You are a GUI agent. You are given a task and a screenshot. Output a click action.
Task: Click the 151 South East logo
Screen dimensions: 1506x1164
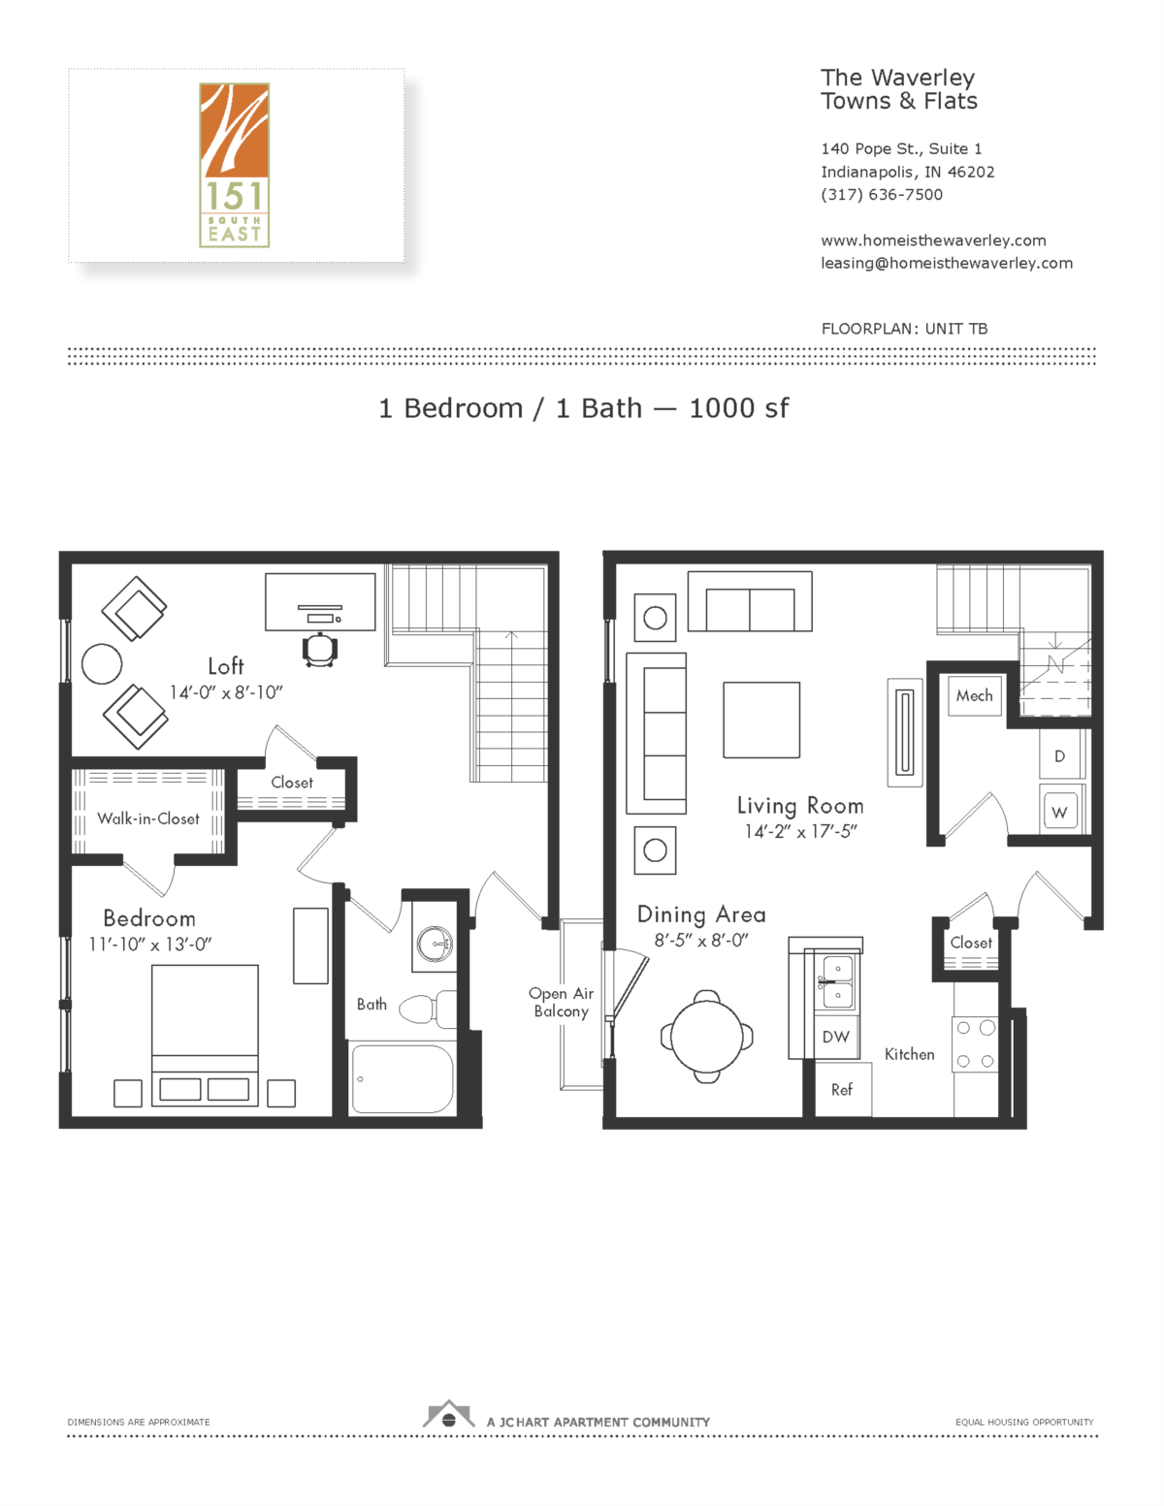tap(234, 165)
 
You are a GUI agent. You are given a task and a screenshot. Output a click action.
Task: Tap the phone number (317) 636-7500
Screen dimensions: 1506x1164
tap(882, 194)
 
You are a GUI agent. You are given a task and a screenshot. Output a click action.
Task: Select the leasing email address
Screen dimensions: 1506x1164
tap(947, 263)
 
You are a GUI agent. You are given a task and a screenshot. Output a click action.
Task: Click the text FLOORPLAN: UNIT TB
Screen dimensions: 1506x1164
tap(904, 329)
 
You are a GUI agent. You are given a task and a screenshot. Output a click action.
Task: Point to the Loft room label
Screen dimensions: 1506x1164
tap(226, 666)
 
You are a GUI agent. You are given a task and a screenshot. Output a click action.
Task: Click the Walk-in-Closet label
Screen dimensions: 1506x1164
tap(148, 818)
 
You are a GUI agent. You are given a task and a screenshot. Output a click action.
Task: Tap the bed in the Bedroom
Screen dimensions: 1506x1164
tap(205, 1034)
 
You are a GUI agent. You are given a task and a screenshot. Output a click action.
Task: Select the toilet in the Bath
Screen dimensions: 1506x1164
tap(427, 1009)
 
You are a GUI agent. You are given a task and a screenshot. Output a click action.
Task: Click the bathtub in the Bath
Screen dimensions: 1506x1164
tap(402, 1078)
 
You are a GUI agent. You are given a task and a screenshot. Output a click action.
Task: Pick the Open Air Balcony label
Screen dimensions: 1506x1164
tap(561, 1002)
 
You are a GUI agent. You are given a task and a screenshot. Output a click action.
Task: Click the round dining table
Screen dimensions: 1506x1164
tap(707, 1036)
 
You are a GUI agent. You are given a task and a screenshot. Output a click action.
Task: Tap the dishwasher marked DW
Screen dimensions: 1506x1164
tap(835, 1037)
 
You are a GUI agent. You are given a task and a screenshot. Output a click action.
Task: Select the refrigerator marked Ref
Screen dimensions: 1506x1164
tap(842, 1089)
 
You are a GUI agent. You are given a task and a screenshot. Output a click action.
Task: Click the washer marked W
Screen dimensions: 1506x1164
tap(1059, 812)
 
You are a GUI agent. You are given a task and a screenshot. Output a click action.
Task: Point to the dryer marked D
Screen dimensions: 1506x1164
tap(1059, 756)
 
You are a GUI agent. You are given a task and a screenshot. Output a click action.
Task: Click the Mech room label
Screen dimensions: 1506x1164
tap(974, 695)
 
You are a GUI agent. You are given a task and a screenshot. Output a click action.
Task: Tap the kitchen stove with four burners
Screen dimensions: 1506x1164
tap(975, 1044)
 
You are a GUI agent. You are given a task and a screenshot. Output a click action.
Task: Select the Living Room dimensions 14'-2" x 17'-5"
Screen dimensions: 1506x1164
tap(800, 831)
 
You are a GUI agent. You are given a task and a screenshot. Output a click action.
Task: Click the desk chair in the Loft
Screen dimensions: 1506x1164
tap(320, 650)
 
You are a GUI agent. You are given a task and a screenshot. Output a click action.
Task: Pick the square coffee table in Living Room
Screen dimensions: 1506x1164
tap(761, 720)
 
